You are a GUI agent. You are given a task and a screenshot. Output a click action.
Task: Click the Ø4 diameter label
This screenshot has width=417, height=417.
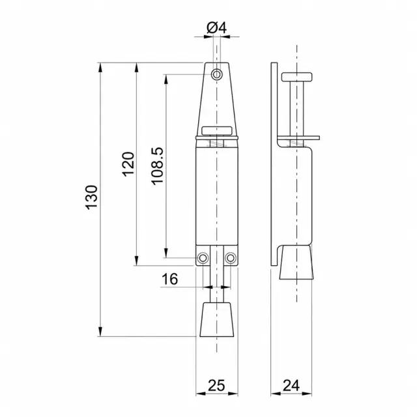pos(216,27)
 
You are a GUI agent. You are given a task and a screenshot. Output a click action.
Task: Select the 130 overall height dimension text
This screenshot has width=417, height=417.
pos(92,197)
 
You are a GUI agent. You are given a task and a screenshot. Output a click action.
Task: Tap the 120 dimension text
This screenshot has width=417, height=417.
pos(128,164)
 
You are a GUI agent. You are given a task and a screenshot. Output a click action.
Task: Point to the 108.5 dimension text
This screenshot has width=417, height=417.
pos(158,166)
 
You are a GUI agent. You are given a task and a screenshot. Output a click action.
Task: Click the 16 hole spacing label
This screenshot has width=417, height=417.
pos(169,279)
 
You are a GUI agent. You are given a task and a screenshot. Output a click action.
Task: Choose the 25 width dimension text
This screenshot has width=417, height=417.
pos(216,385)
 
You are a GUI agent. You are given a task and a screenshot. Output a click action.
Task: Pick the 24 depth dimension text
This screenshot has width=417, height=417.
pos(291,385)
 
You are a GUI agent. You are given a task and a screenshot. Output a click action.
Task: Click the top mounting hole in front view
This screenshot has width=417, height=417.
pos(217,74)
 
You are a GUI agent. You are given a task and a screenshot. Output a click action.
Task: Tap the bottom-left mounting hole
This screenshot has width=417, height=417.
pos(203,258)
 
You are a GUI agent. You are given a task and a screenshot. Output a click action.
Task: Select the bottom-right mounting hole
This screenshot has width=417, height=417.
pos(230,258)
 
